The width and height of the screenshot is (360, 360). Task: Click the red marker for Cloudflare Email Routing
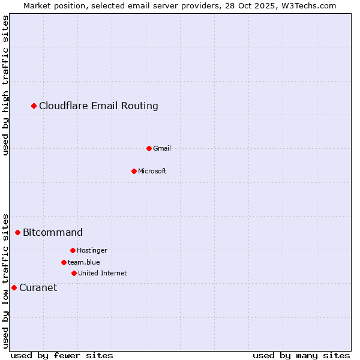coord(34,106)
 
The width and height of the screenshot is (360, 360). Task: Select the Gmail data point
coord(149,148)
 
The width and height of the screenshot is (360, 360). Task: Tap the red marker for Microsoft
coord(134,171)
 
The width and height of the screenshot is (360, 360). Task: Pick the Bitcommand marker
coord(18,232)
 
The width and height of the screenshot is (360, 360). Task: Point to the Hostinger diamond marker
coord(73,250)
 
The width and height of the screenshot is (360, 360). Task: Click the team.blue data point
coord(64,262)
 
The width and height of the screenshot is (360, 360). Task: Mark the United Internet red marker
coord(74,273)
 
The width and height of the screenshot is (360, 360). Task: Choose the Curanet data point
coord(14,287)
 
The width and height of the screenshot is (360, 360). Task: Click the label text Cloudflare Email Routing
coord(98,106)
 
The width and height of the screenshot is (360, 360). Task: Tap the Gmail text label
coord(162,148)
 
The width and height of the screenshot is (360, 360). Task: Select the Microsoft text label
coord(152,171)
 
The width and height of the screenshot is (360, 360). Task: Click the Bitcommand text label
coord(53,232)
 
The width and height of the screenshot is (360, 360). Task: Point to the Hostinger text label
coord(92,250)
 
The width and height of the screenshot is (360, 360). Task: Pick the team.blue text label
coord(84,262)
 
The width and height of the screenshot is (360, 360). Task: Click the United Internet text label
coord(103,273)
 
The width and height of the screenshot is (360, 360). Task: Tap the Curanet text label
coord(38,287)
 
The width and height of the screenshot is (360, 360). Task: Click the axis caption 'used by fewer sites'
coord(62,355)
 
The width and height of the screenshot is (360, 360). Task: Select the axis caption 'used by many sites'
coord(301,355)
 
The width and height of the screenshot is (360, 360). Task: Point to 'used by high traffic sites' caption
coord(5,85)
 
